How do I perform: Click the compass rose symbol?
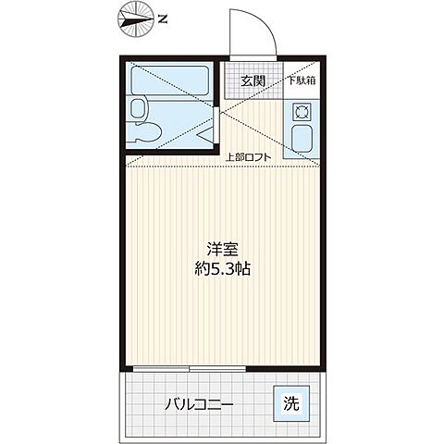136,18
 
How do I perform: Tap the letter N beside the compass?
163,18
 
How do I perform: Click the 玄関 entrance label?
253,80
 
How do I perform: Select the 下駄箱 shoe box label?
302,80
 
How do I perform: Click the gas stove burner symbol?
301,113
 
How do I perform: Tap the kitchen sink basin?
301,142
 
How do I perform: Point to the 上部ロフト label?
248,157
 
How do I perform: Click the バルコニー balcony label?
200,404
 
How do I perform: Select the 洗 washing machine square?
290,403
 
